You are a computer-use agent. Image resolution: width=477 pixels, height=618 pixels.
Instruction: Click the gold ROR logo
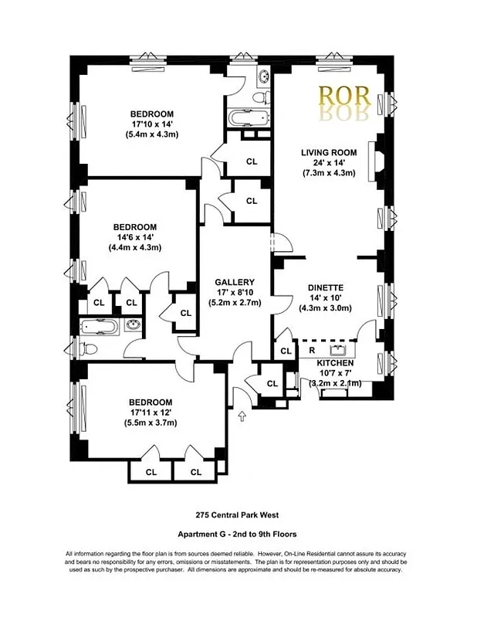click(x=345, y=98)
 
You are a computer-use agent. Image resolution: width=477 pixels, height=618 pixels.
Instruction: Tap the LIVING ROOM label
click(x=329, y=153)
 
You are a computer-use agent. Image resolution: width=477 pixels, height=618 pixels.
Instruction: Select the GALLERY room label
click(x=235, y=282)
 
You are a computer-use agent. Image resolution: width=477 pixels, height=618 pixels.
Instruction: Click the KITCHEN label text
click(x=335, y=362)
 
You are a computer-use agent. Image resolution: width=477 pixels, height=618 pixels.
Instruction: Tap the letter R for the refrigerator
click(x=311, y=350)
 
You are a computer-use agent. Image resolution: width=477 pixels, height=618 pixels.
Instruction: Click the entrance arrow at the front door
click(x=242, y=417)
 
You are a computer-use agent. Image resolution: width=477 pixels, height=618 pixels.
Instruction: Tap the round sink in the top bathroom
click(x=263, y=77)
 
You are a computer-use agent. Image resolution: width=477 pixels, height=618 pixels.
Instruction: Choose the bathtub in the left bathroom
click(x=100, y=326)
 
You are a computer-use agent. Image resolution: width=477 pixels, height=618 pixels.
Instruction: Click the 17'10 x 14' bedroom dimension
click(x=151, y=124)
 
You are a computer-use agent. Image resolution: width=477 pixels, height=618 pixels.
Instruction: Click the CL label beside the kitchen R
click(x=286, y=351)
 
